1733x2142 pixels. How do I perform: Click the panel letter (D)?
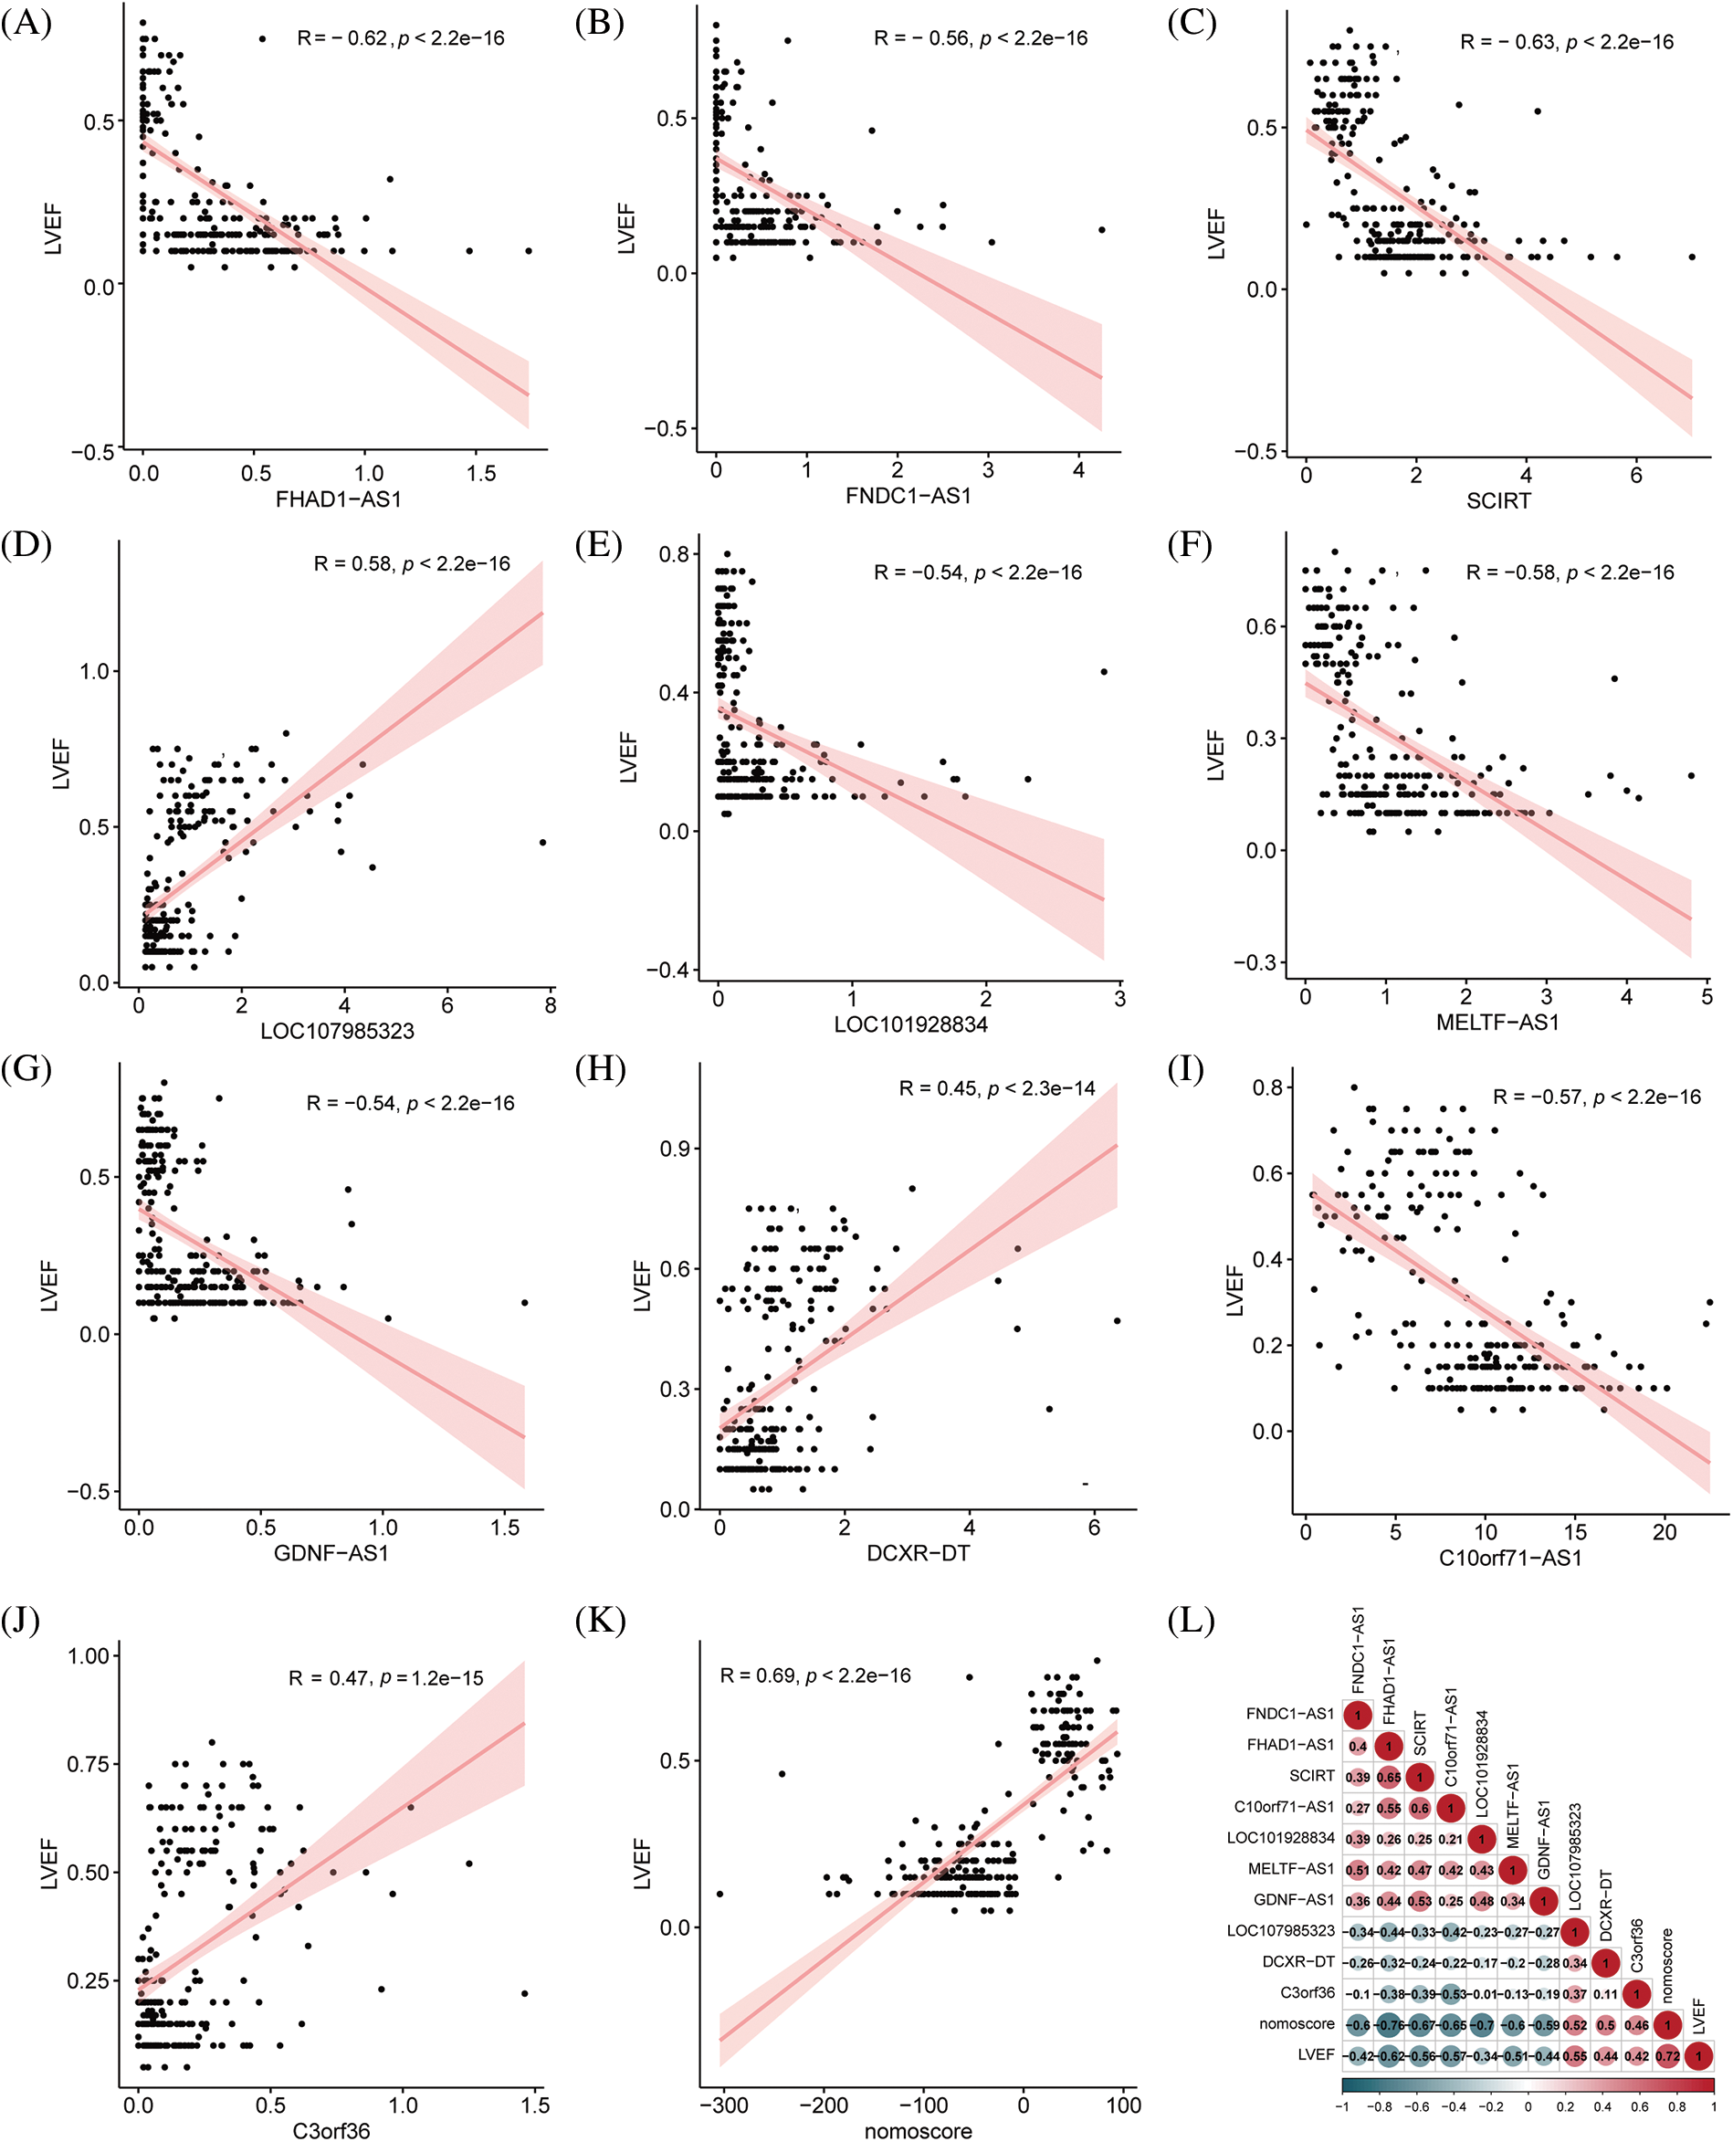(27, 545)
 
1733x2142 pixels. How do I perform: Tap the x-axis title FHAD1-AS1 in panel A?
(339, 499)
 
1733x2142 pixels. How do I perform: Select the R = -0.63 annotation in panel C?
(1507, 42)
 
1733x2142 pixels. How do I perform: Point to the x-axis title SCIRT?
(1497, 501)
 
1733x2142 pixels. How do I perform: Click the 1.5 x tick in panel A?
(481, 473)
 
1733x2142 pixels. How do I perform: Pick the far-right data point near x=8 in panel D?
(543, 843)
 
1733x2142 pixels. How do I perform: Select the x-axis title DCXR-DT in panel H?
(918, 1553)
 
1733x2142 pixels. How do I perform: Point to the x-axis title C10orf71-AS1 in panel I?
(1509, 1558)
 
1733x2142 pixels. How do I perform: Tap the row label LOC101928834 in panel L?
(1280, 1838)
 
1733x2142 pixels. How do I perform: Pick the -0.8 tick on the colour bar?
(1380, 2107)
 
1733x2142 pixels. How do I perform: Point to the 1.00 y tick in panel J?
(88, 1656)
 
